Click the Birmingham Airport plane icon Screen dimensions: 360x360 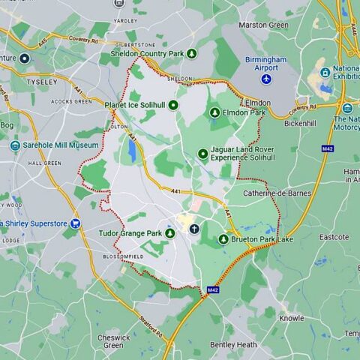[x=265, y=79]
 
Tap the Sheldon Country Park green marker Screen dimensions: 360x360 [x=192, y=53]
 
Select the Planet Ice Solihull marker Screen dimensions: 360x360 [x=172, y=106]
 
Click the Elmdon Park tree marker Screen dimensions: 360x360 [x=214, y=112]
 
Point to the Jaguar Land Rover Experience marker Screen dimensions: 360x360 [x=202, y=154]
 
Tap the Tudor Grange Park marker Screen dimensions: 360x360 [x=169, y=233]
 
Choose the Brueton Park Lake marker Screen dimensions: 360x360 [x=223, y=239]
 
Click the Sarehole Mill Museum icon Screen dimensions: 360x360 [x=16, y=145]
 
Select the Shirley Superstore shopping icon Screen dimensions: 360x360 [x=75, y=223]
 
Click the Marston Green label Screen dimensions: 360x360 [x=263, y=25]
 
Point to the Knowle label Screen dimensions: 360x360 [x=292, y=318]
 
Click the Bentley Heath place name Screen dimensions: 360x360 [x=233, y=345]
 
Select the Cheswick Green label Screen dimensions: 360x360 [x=113, y=341]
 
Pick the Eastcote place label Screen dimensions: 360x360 [x=334, y=237]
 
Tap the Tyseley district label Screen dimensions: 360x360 [x=41, y=81]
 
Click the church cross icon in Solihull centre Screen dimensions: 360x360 [x=194, y=228]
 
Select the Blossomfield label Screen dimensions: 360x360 [x=122, y=256]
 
